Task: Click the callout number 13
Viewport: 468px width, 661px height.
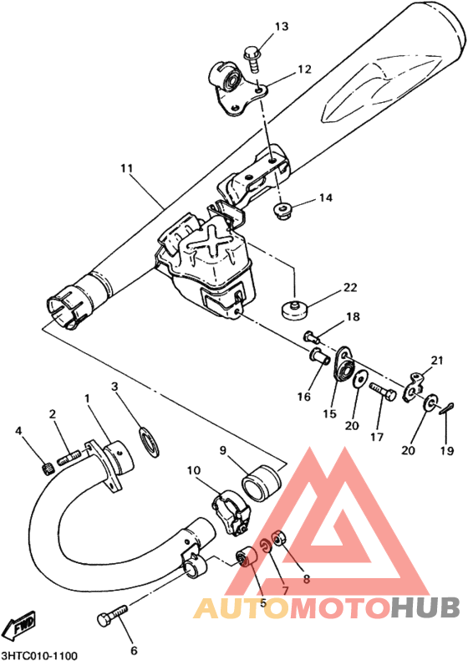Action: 282,27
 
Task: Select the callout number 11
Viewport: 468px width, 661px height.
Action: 126,168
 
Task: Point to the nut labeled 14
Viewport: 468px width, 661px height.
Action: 282,210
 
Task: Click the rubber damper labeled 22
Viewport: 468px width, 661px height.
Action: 294,310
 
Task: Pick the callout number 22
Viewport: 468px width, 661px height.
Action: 350,288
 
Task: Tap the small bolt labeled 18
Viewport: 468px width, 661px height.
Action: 311,336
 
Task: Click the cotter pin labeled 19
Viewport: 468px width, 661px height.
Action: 445,408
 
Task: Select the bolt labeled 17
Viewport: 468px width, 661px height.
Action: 383,391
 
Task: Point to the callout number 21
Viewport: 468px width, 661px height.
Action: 437,361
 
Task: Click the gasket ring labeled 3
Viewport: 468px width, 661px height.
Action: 149,442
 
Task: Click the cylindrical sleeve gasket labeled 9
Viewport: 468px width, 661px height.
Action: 262,483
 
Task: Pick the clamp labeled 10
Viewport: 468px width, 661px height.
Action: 231,512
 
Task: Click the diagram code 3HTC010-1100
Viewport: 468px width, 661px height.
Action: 39,656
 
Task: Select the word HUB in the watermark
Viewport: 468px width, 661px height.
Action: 425,608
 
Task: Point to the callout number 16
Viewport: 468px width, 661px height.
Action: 303,397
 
